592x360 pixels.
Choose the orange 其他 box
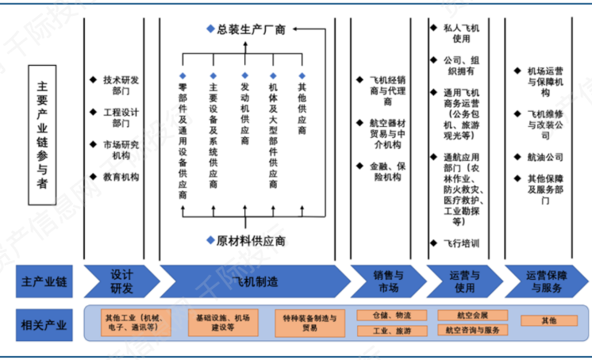548,321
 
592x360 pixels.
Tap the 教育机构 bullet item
121,177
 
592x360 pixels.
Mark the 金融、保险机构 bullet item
386,171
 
